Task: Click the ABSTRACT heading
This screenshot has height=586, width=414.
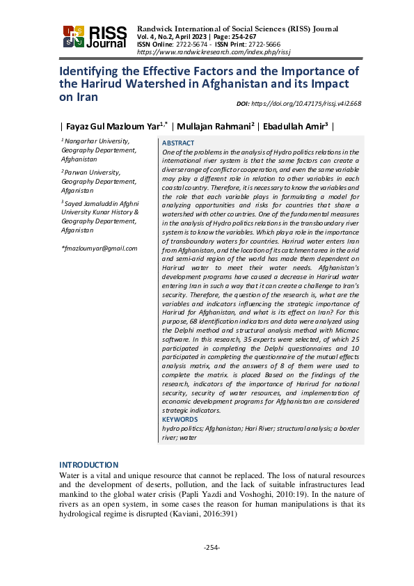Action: (x=178, y=143)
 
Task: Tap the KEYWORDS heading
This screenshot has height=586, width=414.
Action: (x=180, y=420)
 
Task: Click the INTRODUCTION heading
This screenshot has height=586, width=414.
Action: (x=88, y=465)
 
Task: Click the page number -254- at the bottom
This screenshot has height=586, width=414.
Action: (x=212, y=548)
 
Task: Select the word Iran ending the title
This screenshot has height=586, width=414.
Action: (x=69, y=97)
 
